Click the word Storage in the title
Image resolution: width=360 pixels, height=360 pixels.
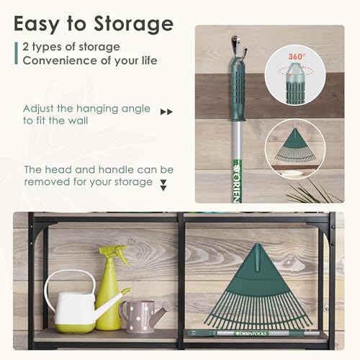[132, 24]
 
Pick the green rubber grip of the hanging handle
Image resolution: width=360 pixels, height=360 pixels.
[238, 90]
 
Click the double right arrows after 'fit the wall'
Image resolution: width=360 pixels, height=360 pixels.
[167, 112]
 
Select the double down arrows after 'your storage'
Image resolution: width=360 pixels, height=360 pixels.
[163, 185]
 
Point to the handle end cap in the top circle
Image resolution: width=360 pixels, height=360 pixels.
[295, 79]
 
